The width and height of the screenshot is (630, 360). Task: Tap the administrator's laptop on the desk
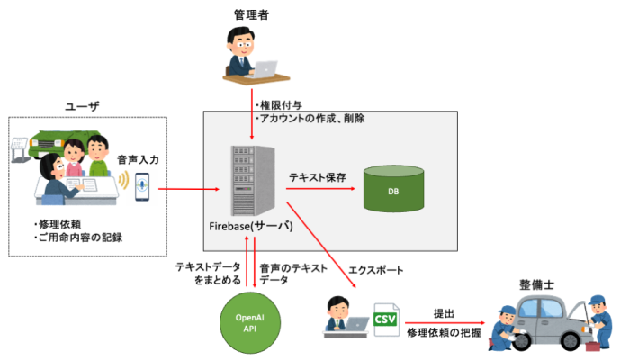[x=267, y=68]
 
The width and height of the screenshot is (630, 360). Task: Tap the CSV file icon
[x=385, y=320]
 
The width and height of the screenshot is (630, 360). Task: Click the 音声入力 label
[x=138, y=158]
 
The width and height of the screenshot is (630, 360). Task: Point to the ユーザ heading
[x=82, y=107]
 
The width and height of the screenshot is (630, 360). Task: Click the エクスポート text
[x=375, y=269]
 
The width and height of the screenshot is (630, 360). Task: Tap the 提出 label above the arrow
[x=444, y=313]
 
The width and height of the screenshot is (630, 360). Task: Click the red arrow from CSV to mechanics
[x=444, y=324]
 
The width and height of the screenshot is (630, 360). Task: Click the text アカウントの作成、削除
[x=310, y=118]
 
